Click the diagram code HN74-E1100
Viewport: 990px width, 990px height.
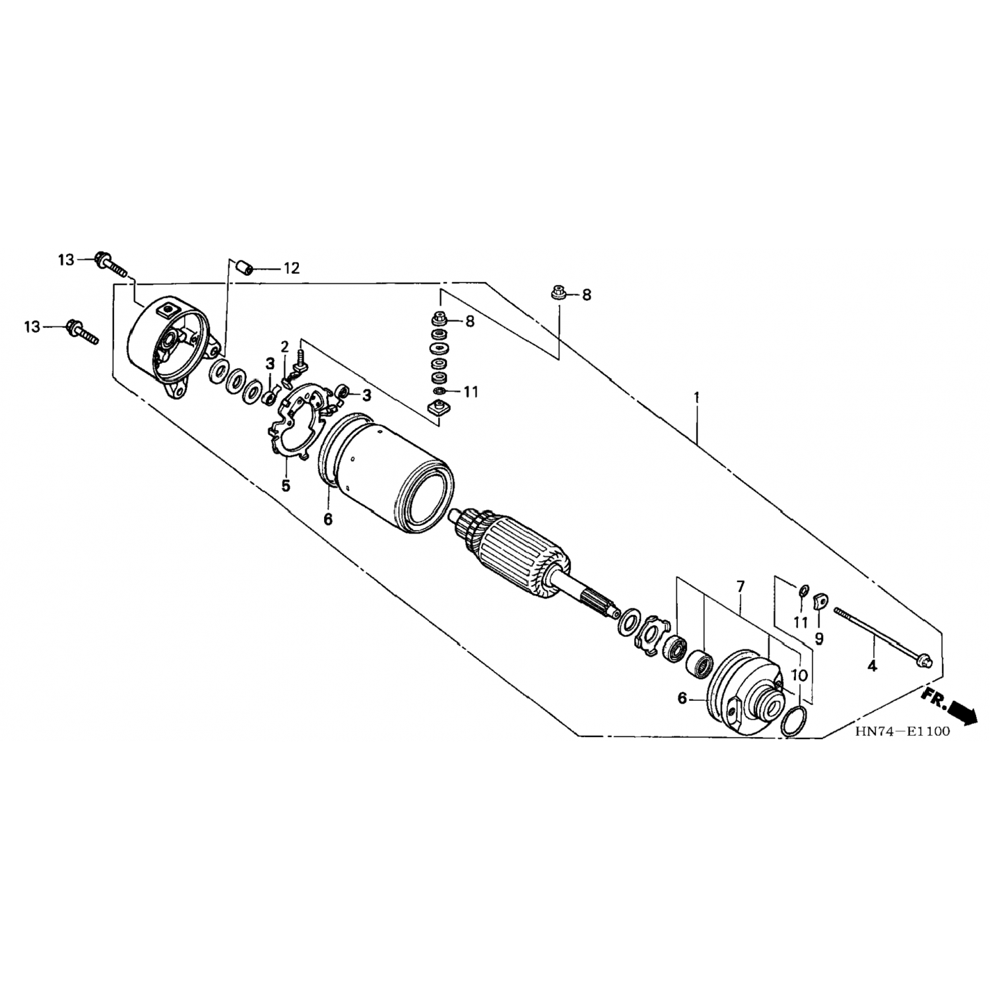pos(902,731)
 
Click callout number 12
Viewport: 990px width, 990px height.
pos(291,268)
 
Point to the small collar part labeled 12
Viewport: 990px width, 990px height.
pos(246,269)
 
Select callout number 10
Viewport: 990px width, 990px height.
pos(799,675)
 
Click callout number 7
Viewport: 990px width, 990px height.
pos(741,586)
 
